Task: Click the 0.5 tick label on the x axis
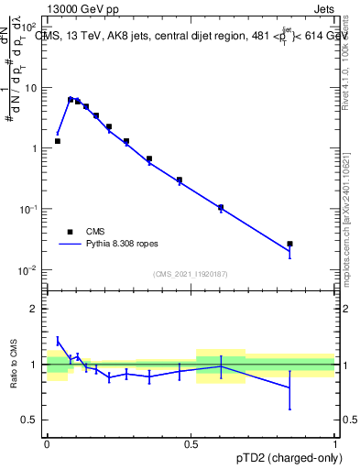click(x=191, y=442)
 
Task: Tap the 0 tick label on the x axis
click(x=47, y=442)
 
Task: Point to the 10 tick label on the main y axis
click(x=31, y=87)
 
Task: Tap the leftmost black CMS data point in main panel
click(x=57, y=141)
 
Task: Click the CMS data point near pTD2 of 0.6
click(x=221, y=208)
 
